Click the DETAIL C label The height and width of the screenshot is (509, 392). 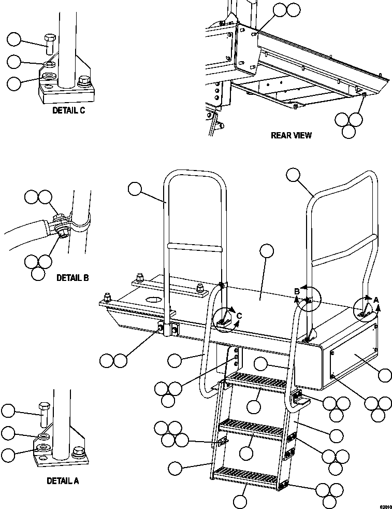(68, 110)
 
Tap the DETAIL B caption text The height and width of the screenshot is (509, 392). (72, 278)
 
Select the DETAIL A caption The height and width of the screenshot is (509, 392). (63, 480)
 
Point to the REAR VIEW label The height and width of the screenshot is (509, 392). (292, 135)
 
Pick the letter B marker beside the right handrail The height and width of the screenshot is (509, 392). (297, 292)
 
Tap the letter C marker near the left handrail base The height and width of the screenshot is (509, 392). (239, 315)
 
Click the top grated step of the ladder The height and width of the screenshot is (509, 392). (256, 382)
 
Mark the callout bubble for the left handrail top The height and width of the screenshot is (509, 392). (135, 189)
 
